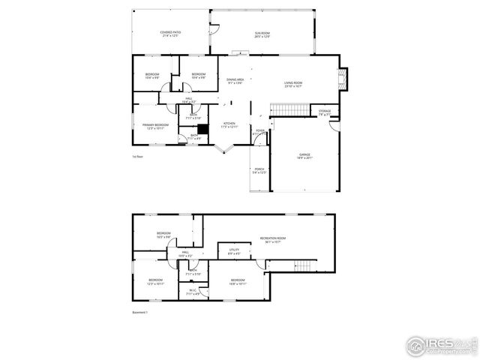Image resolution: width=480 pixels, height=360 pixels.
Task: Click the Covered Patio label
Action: [x=170, y=34]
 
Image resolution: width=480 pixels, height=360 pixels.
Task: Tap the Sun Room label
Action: [x=262, y=34]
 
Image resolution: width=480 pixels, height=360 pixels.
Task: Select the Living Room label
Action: [x=293, y=84]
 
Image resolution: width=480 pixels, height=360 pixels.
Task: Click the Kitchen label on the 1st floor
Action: [x=229, y=125]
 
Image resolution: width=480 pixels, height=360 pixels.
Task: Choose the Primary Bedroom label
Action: [x=156, y=126]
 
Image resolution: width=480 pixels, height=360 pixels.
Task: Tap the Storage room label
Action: [x=324, y=112]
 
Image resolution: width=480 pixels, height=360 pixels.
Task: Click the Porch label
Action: [x=259, y=171]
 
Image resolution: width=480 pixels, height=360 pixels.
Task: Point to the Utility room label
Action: [x=234, y=253]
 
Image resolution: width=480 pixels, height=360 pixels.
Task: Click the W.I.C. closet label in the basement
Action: [x=193, y=292]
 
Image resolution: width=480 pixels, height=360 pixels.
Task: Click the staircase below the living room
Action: [x=290, y=111]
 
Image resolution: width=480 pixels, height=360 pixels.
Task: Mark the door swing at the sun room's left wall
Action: [x=213, y=30]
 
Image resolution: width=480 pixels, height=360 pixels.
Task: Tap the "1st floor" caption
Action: [x=138, y=157]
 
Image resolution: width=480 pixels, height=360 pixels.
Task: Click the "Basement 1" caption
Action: [x=140, y=312]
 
